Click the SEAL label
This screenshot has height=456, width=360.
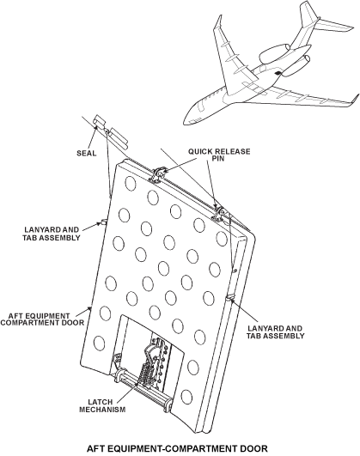(x=87, y=153)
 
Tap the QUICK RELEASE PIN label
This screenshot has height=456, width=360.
(x=219, y=155)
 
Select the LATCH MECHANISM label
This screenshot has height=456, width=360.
(x=102, y=406)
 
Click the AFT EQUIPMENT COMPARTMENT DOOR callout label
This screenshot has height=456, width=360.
(x=42, y=319)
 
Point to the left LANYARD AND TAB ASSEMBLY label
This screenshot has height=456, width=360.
(x=52, y=234)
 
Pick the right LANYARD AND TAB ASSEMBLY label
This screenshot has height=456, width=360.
(x=275, y=332)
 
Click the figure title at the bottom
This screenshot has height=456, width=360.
(x=177, y=448)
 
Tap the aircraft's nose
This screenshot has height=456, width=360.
(x=185, y=121)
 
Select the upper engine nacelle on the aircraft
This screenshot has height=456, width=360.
(x=274, y=53)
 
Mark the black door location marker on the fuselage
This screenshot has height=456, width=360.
(x=278, y=73)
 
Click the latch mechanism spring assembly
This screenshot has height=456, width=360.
(x=145, y=372)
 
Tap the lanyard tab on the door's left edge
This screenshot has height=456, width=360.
(x=104, y=222)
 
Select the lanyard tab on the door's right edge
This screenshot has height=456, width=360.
(x=230, y=297)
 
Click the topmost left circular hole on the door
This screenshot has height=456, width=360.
(x=131, y=183)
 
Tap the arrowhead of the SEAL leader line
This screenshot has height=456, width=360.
(x=95, y=128)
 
